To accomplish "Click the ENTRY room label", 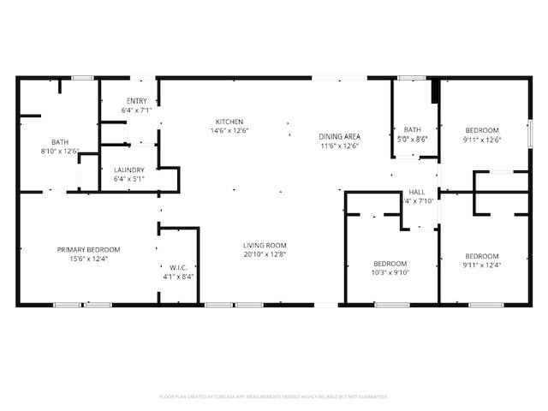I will pos(136,101).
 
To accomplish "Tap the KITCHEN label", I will pos(229,122).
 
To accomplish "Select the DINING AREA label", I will pos(339,137).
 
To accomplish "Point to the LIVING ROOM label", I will pos(265,246).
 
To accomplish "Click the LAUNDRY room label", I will pos(129,170).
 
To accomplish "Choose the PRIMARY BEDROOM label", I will pos(88,249).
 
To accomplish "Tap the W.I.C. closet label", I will pos(178,267).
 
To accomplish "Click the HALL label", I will pos(417,192).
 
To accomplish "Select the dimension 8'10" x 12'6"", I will pos(59,152).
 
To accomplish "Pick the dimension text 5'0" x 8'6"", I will pos(413,138).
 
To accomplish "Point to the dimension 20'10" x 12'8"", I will pos(265,254).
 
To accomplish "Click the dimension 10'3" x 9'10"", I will pos(390,272).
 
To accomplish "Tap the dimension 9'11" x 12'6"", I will pos(482,140).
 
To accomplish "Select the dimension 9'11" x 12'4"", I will pos(482,265).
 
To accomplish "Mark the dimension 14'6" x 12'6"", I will pos(229,130).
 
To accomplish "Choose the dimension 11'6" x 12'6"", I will pos(339,146).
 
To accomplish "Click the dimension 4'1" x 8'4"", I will pos(178,276).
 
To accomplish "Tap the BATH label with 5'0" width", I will pos(413,129).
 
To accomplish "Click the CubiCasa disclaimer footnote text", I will pos(274,396).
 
